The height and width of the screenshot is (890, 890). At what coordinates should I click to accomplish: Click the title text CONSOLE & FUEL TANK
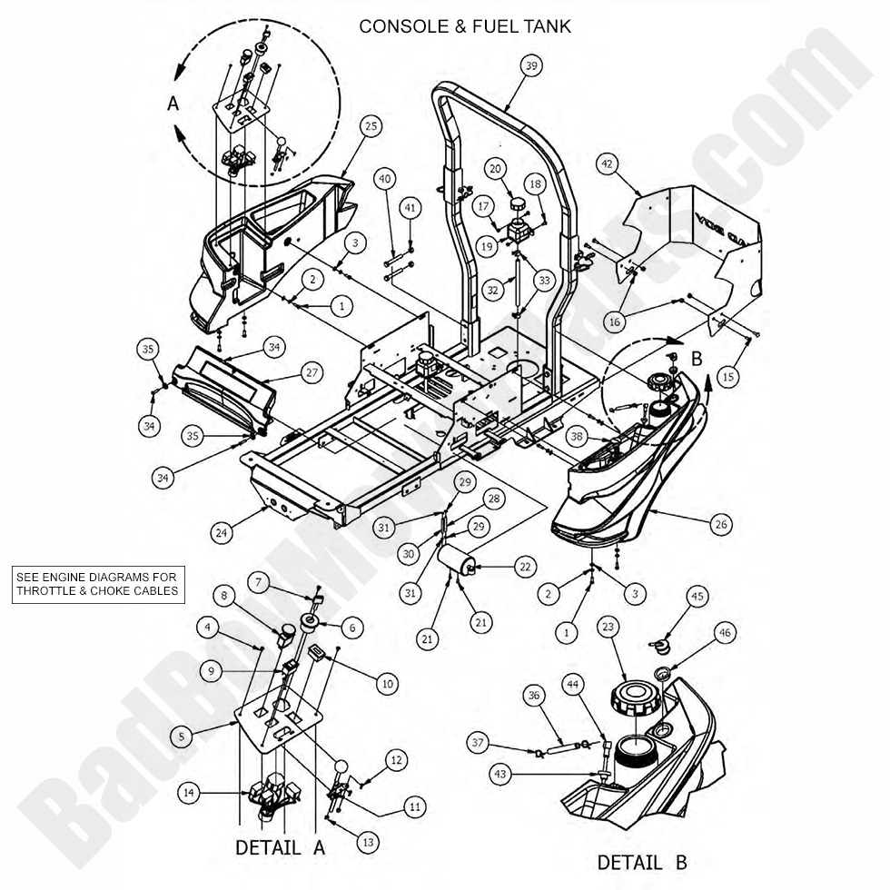click(x=465, y=26)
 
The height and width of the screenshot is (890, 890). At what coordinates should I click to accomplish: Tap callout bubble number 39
click(x=532, y=64)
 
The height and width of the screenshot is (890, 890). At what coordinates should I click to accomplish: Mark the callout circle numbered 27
click(x=311, y=373)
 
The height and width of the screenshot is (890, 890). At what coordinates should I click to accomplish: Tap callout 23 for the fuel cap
click(x=608, y=626)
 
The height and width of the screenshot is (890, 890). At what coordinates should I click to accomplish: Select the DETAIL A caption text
click(x=280, y=848)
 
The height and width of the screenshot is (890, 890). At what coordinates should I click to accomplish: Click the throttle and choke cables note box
click(x=98, y=585)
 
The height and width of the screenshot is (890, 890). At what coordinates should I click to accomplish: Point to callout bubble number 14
click(x=188, y=793)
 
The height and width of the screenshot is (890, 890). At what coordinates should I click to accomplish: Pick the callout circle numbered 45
click(x=697, y=596)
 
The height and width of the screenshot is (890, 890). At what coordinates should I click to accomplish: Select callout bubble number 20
click(x=519, y=168)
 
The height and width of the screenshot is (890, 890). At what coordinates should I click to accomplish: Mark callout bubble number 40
click(x=385, y=179)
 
